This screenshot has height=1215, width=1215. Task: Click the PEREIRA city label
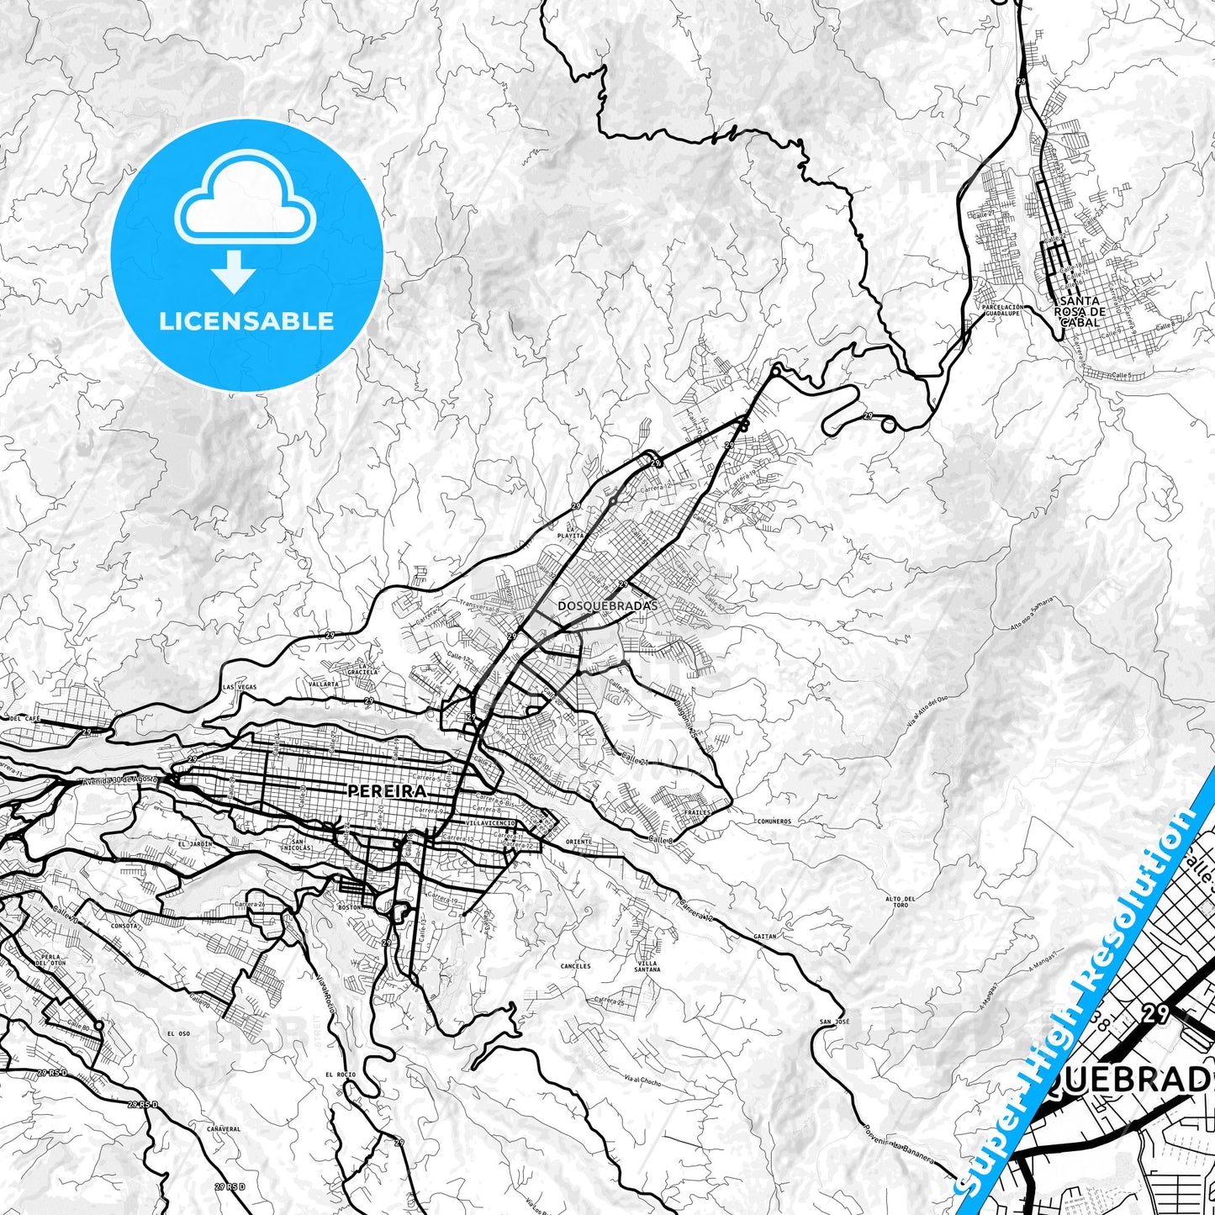[x=387, y=791]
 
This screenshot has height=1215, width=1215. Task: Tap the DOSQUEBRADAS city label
[x=607, y=605]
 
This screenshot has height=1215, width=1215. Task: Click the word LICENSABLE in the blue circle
[x=246, y=320]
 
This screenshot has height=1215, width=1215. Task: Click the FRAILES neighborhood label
[x=697, y=813]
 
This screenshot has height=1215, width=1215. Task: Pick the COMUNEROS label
[x=774, y=821]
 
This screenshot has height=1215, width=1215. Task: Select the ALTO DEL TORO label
[x=901, y=902]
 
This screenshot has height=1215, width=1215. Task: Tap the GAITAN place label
[x=765, y=936]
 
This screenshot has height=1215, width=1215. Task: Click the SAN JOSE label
[x=828, y=1022]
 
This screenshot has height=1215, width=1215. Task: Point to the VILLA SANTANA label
[x=648, y=966]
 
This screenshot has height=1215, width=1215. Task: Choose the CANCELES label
[x=576, y=966]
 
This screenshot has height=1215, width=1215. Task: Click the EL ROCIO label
[x=340, y=1075]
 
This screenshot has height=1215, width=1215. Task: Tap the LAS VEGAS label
[x=240, y=687]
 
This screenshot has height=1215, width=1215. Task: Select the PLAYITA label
[x=570, y=535]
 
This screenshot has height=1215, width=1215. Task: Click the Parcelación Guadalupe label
[x=1001, y=310]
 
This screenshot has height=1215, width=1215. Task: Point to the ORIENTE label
[x=578, y=842]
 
